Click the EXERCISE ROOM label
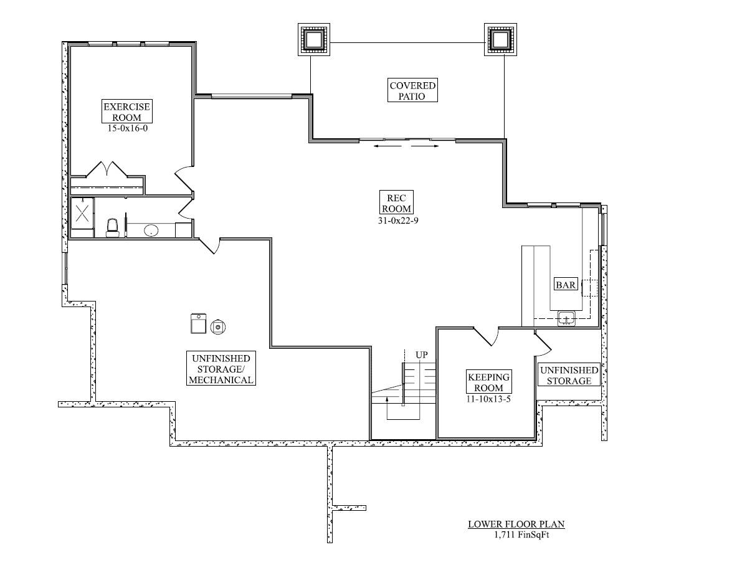click(x=126, y=112)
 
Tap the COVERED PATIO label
click(x=412, y=91)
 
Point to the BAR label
click(x=566, y=285)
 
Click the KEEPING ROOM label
click(x=488, y=382)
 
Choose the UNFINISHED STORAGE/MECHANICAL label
click(x=221, y=369)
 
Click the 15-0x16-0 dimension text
click(x=127, y=128)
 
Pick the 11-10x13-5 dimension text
click(x=489, y=399)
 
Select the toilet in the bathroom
click(x=112, y=227)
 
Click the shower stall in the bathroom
click(x=82, y=213)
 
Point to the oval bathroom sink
click(x=151, y=230)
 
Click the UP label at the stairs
click(x=422, y=355)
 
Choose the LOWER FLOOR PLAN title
click(x=516, y=525)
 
